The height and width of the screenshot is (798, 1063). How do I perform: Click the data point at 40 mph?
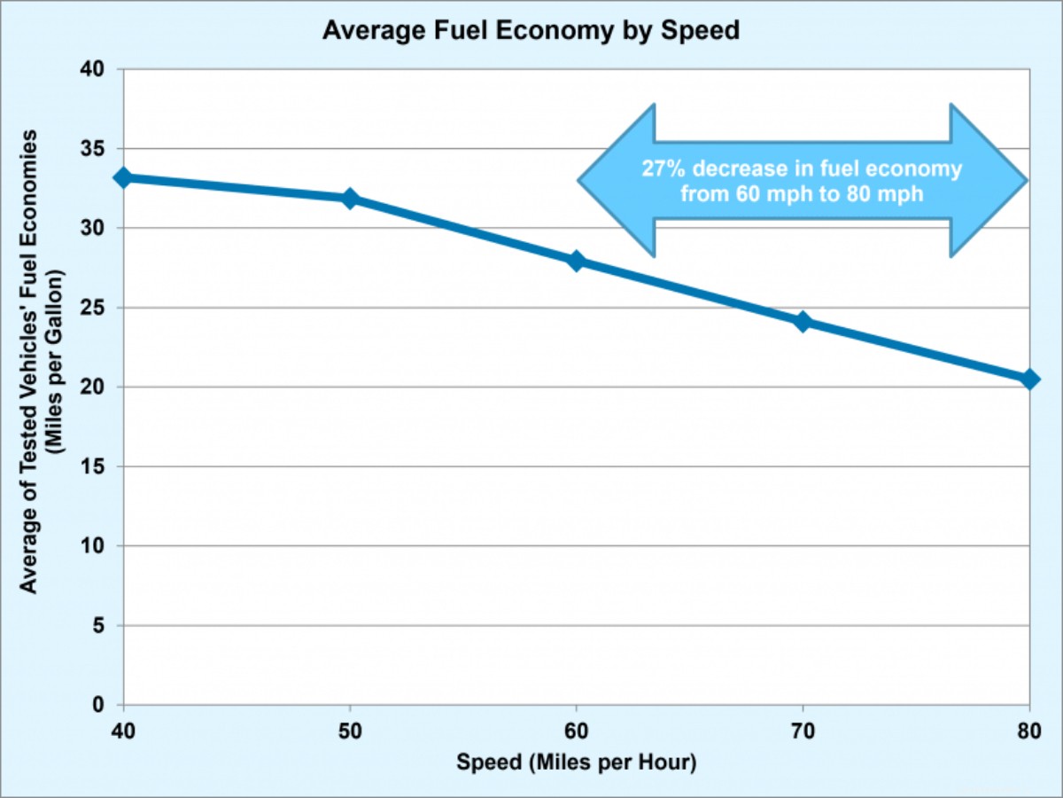[x=124, y=177]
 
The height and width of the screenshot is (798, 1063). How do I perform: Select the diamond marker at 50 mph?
[x=350, y=198]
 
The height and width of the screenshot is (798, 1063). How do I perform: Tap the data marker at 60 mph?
[x=577, y=260]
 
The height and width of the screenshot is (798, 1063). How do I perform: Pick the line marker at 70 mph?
[x=803, y=321]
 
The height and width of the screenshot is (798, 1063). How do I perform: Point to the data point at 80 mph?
[x=1029, y=379]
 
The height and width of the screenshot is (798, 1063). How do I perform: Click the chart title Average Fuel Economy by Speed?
[x=531, y=31]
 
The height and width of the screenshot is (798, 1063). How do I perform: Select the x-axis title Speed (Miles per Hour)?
[x=577, y=763]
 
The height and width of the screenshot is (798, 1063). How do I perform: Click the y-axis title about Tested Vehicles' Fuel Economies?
[x=41, y=361]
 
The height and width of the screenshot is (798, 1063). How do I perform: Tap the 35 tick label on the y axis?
[x=93, y=149]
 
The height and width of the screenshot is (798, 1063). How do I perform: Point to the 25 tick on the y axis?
[x=93, y=308]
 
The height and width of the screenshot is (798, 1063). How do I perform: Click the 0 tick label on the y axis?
[x=99, y=705]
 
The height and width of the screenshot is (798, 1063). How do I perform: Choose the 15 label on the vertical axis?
[x=93, y=466]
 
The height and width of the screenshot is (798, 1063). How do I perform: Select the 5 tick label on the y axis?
[x=99, y=625]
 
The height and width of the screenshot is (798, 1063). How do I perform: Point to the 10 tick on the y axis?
[x=93, y=546]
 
